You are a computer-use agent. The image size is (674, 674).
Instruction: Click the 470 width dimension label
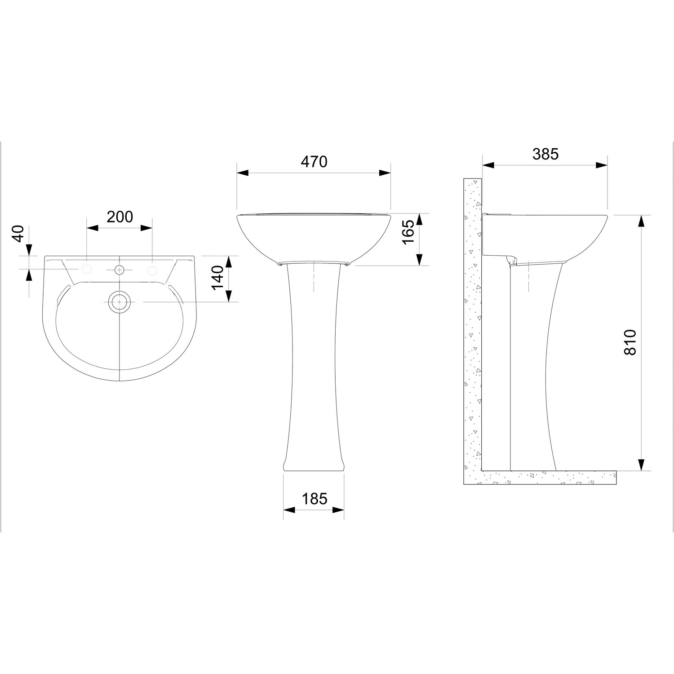[314, 162]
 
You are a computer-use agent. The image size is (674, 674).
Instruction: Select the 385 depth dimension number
[545, 154]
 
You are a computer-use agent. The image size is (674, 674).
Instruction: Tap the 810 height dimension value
[630, 342]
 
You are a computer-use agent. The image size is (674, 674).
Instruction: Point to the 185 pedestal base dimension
[314, 498]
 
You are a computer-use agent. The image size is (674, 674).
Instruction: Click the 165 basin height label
[408, 232]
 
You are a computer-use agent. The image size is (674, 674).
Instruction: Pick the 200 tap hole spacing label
[120, 217]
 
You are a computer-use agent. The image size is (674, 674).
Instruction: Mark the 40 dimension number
[17, 234]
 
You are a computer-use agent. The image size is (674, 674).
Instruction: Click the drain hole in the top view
[119, 302]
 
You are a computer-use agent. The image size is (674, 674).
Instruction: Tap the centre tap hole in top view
[119, 270]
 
